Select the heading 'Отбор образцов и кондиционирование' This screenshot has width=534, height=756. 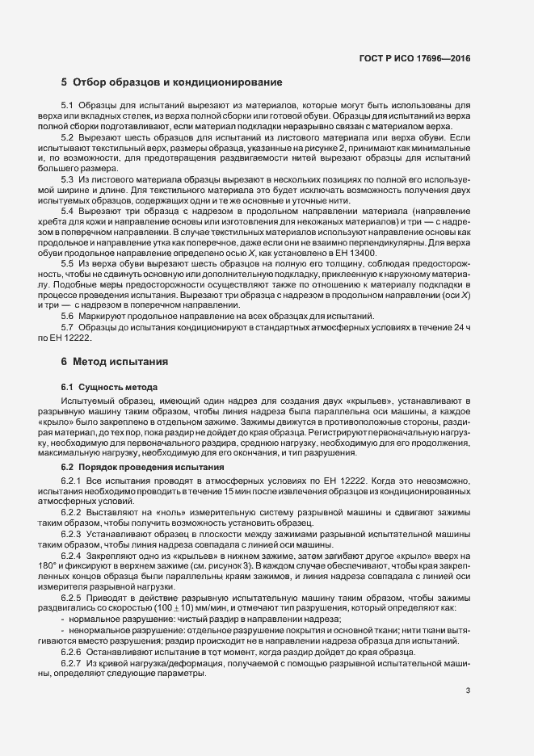click(x=178, y=82)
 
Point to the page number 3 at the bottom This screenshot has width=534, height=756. click(x=468, y=690)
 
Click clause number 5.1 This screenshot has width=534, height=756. click(x=67, y=106)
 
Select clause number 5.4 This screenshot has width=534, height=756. click(x=67, y=210)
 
